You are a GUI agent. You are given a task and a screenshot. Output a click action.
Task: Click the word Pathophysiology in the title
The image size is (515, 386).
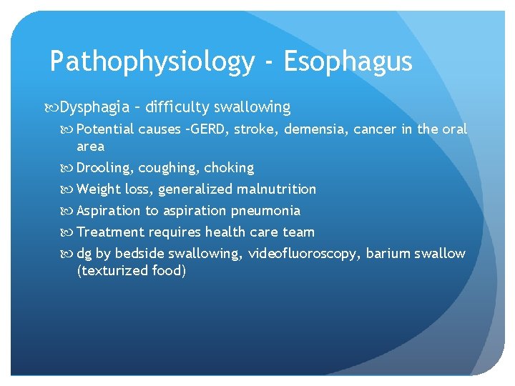[152, 62]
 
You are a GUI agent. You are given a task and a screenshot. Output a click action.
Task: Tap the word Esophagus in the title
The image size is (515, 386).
[348, 62]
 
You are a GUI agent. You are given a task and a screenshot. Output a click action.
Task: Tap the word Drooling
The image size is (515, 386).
[104, 168]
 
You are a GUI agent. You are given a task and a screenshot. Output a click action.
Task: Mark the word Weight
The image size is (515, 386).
[98, 189]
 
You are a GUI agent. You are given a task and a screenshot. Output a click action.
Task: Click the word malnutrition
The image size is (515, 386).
[277, 189]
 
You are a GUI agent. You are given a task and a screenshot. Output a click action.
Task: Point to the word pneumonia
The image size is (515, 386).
[265, 211]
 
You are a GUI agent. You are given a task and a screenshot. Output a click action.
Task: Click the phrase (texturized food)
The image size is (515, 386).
[131, 271]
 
